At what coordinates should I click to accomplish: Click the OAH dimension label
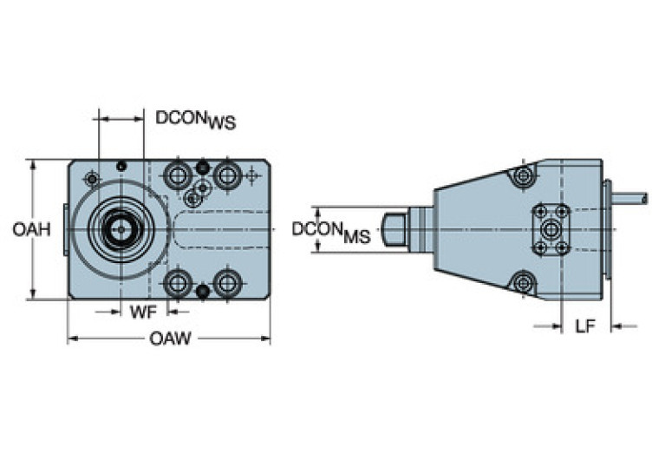[31, 229]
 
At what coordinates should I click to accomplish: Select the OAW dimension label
[170, 339]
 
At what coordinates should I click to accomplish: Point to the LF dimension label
[586, 326]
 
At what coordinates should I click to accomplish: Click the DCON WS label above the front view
[195, 119]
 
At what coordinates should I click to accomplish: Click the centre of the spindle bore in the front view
[118, 229]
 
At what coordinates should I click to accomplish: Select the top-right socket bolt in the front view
[228, 177]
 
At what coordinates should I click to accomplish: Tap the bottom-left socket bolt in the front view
[178, 282]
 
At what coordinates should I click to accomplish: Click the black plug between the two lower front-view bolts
[203, 292]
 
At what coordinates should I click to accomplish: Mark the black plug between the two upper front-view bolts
[203, 167]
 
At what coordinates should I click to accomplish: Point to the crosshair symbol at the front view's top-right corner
[251, 176]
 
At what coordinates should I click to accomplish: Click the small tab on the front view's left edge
[65, 229]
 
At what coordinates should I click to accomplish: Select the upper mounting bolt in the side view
[522, 177]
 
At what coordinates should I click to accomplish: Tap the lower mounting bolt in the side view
[522, 282]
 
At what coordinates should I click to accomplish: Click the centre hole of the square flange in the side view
[551, 229]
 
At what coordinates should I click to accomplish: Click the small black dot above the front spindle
[122, 166]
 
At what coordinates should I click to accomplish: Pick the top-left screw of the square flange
[539, 211]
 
